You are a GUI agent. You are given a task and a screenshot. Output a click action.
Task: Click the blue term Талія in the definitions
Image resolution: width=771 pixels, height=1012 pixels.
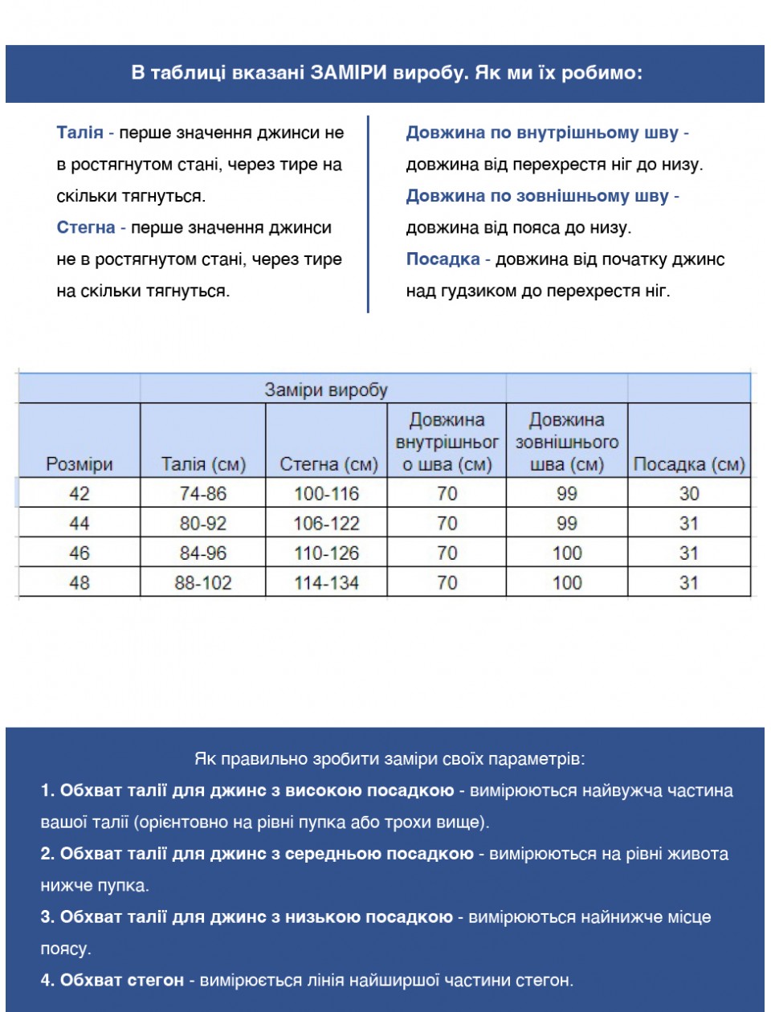tap(80, 133)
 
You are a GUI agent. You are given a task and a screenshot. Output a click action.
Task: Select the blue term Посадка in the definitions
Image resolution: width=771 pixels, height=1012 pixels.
tap(443, 259)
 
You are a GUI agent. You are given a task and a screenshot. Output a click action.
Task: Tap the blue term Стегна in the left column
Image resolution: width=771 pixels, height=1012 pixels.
tap(86, 228)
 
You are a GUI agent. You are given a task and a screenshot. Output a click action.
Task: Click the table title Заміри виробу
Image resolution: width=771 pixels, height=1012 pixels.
tap(326, 390)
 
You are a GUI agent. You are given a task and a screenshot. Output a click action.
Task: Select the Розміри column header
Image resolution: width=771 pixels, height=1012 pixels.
tap(80, 464)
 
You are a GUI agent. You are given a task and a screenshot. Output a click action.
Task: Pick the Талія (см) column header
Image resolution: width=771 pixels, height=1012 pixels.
tap(203, 464)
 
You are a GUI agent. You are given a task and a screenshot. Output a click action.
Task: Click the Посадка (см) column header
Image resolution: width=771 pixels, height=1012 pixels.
tap(689, 464)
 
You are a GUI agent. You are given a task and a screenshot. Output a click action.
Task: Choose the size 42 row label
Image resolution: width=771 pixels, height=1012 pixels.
tap(80, 493)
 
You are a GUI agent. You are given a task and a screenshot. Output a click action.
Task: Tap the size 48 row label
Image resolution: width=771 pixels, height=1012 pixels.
tap(80, 582)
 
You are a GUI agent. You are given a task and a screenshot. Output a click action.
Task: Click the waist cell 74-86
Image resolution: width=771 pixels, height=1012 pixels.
tap(203, 493)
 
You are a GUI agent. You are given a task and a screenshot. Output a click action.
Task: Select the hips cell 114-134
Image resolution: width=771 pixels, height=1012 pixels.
tap(326, 582)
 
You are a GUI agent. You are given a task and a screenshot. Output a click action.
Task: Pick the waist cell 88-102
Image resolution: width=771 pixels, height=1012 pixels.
tap(203, 582)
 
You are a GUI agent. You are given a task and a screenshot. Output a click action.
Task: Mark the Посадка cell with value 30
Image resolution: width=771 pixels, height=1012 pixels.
tap(689, 493)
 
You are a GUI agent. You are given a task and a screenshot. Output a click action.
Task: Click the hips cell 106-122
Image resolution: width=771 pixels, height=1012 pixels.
tap(326, 524)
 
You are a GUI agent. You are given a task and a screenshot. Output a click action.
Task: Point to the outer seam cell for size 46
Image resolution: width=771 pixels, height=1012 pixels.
tap(567, 553)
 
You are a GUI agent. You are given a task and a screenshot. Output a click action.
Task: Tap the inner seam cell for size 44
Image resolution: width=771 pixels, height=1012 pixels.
tap(447, 524)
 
